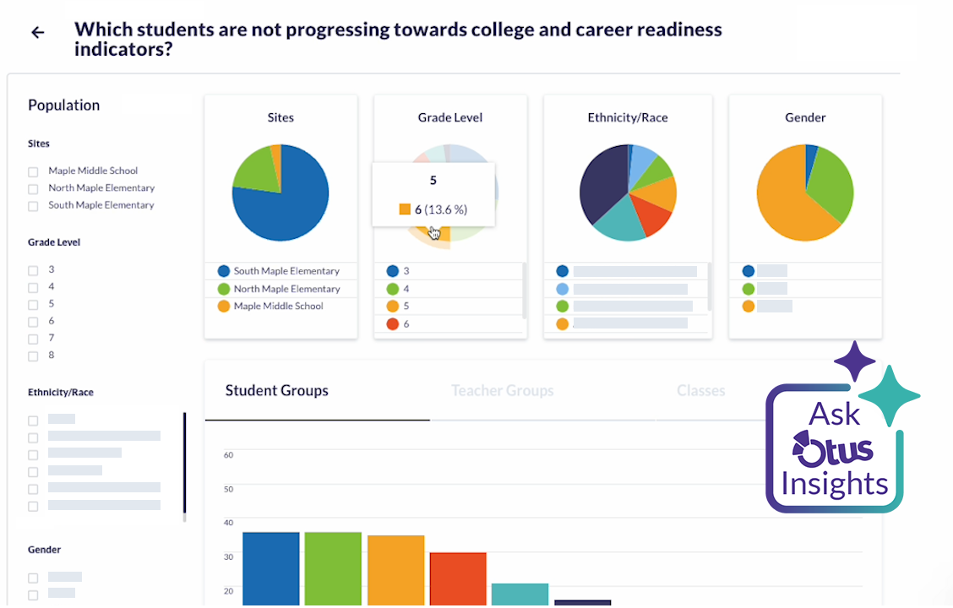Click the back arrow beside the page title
point(37,33)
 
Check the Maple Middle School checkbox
point(33,171)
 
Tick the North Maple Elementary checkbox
point(33,188)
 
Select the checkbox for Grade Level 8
point(33,356)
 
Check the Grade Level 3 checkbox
point(33,270)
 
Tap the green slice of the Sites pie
point(252,169)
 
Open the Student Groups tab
point(277,391)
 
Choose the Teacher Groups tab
point(502,391)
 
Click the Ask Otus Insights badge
point(835,448)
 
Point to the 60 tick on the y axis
point(228,455)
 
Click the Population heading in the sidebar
point(64,106)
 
